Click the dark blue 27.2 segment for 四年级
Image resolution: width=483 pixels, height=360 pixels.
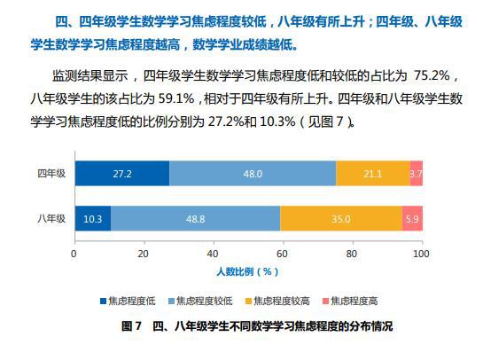(x=122, y=174)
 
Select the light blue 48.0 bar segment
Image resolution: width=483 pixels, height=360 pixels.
(x=253, y=174)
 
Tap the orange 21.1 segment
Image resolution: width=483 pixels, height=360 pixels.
(x=373, y=174)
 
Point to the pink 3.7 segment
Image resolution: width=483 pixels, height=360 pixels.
(x=417, y=174)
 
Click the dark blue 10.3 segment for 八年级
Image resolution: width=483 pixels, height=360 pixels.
(x=93, y=218)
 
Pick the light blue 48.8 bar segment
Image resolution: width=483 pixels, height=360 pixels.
(x=196, y=218)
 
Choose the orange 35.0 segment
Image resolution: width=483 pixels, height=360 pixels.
(x=341, y=218)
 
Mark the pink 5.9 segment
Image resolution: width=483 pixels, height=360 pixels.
(x=412, y=218)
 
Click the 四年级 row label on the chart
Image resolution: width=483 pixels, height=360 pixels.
(x=51, y=174)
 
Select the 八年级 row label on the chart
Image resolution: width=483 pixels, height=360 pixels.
(x=51, y=218)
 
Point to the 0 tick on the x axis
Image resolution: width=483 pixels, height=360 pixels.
(x=74, y=254)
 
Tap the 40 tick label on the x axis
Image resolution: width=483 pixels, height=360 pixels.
(x=213, y=254)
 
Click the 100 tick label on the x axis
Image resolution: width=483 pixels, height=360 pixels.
(x=421, y=254)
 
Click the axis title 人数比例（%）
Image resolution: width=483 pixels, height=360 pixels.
(x=247, y=271)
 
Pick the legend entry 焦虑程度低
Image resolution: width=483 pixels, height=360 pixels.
(x=128, y=301)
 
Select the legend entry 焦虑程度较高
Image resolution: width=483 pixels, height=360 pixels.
(x=277, y=301)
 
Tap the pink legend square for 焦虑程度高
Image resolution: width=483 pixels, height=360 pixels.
(x=325, y=301)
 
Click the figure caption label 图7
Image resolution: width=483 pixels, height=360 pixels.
(x=131, y=325)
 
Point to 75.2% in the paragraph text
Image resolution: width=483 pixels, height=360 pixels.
(x=432, y=75)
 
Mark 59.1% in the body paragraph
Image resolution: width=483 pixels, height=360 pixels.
(x=176, y=99)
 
